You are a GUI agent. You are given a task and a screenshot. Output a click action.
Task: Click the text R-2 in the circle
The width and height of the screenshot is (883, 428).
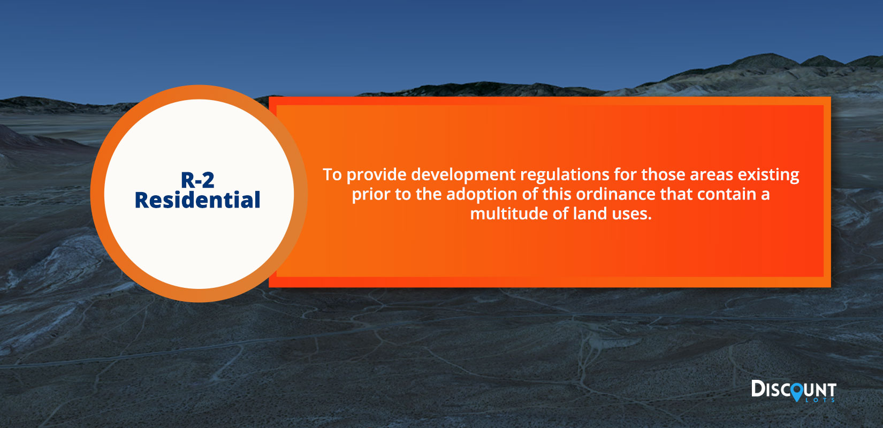click(x=197, y=180)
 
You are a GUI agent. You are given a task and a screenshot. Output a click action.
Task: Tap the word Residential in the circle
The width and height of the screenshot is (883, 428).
click(x=197, y=200)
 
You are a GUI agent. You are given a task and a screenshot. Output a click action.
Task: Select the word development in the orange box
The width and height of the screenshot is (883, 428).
click(x=463, y=175)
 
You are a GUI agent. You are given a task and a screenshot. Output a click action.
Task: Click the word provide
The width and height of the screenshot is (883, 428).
click(x=376, y=175)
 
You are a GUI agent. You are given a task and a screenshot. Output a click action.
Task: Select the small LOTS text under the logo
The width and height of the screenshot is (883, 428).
click(x=820, y=400)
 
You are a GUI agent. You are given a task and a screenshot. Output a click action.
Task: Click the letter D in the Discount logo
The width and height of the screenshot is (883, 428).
click(x=758, y=388)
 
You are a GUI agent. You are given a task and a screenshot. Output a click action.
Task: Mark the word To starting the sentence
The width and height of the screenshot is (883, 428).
click(x=332, y=175)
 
